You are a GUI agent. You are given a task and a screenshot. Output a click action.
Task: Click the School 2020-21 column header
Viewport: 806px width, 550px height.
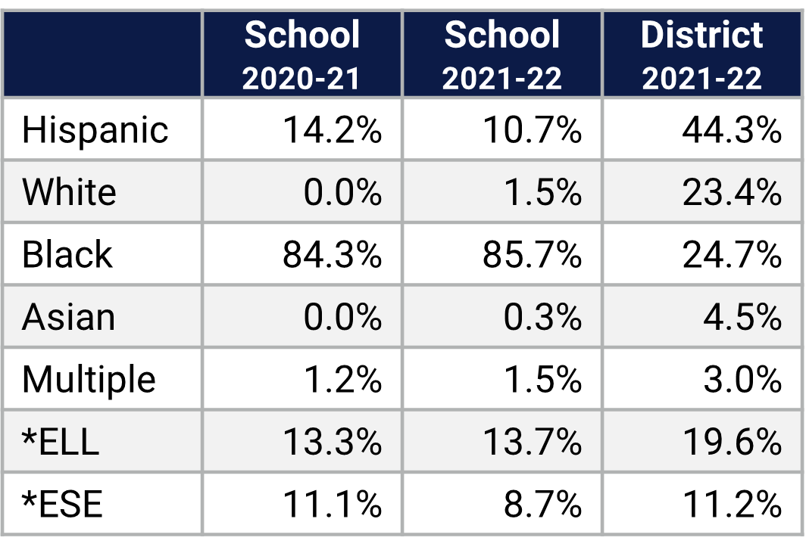[302, 55]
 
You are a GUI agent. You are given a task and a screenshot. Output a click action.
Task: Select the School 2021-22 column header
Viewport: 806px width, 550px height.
[502, 55]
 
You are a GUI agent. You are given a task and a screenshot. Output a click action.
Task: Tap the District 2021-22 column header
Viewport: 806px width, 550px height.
[702, 55]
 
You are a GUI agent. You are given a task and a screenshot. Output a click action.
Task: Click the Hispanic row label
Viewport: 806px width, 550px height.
[95, 130]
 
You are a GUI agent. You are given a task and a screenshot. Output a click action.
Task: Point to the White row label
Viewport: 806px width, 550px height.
[69, 192]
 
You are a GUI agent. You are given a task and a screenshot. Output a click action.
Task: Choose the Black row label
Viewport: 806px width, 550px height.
[67, 255]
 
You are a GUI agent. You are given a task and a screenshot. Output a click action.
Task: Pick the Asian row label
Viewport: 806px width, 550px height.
[68, 317]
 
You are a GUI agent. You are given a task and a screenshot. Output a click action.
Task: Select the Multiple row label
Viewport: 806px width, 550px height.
[89, 380]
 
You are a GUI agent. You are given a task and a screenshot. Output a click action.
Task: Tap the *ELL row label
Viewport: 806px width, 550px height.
[61, 442]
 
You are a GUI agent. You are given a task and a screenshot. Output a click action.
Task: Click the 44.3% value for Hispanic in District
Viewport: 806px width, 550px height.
[731, 130]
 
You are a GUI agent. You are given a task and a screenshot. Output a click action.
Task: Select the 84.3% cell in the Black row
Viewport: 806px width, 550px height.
[332, 255]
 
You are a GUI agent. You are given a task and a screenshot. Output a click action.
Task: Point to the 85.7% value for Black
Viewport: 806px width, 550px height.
[532, 255]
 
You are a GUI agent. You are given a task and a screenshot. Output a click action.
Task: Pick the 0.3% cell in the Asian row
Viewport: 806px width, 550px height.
[542, 317]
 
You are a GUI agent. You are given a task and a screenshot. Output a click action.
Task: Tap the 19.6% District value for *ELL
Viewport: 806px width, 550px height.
[731, 442]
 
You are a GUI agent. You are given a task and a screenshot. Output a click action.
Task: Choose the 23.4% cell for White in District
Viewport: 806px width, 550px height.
[731, 192]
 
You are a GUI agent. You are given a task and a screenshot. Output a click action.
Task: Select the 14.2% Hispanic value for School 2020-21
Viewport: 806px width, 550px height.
[332, 130]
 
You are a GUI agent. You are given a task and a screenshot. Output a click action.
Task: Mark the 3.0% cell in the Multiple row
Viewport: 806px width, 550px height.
[742, 380]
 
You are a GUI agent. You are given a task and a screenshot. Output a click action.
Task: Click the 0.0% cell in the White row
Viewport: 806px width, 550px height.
[342, 192]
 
